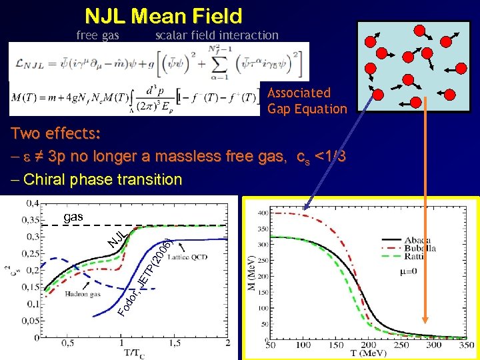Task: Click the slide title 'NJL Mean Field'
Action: point(163,15)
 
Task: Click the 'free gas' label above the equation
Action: point(97,35)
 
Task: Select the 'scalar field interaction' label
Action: point(217,35)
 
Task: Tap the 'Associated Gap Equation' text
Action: point(307,101)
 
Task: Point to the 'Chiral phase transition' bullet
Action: point(97,179)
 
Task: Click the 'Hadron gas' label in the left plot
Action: point(83,293)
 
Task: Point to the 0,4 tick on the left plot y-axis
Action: point(31,203)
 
